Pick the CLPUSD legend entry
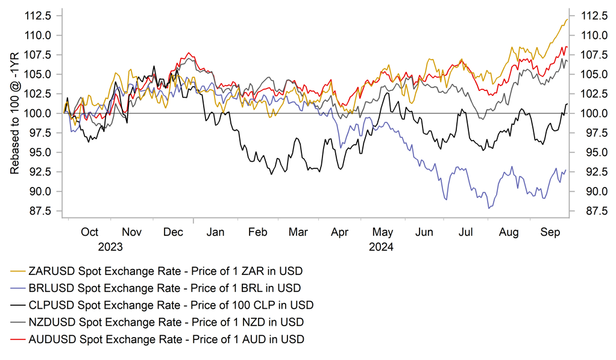click(169, 305)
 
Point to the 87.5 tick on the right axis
click(592, 211)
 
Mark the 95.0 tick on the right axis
click(592, 153)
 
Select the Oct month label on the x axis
click(90, 232)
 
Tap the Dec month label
click(174, 232)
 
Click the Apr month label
click(340, 232)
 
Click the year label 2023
click(110, 247)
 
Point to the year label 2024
click(381, 247)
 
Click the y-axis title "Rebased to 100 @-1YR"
click(15, 113)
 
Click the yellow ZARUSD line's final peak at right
click(567, 19)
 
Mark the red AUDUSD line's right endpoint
click(567, 47)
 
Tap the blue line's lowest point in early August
click(489, 208)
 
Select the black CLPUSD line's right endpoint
click(567, 104)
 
